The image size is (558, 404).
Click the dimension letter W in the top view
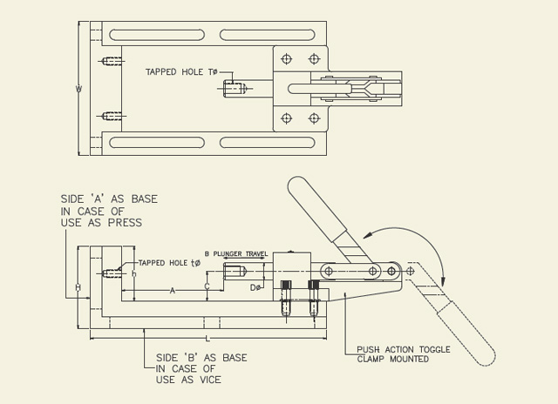[78, 88]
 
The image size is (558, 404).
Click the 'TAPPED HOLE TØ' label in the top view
[181, 72]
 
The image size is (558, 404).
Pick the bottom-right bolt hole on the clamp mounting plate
[314, 118]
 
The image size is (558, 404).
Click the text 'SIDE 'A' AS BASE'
[109, 199]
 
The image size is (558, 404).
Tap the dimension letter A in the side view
[173, 290]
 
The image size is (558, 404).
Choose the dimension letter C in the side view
[207, 286]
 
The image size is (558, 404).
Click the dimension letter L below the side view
[207, 338]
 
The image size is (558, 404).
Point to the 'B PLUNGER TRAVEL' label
[235, 253]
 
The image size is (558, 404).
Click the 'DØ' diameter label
[255, 287]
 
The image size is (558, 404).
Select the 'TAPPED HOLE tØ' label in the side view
[170, 262]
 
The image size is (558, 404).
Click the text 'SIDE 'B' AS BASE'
[201, 357]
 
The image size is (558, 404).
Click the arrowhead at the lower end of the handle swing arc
[444, 279]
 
